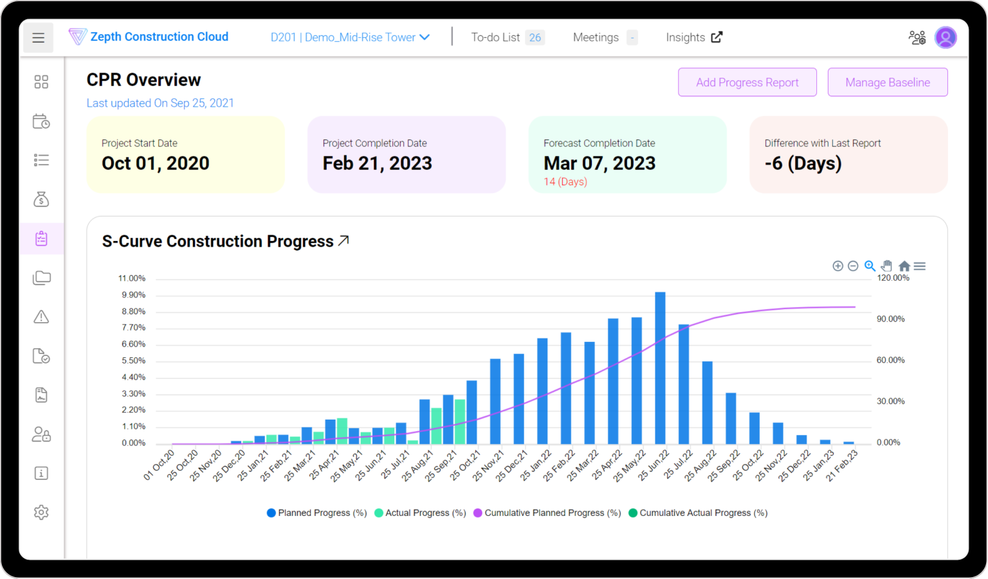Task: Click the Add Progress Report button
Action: [x=747, y=82]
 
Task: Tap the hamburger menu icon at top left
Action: [x=39, y=38]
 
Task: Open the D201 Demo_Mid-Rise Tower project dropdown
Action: [x=350, y=37]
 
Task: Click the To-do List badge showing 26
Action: [x=535, y=37]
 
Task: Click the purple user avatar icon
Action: [x=945, y=37]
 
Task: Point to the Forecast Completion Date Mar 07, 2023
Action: [x=599, y=163]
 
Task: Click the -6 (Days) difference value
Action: [x=803, y=163]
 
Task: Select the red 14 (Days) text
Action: [x=565, y=182]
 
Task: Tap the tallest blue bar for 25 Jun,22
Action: [x=660, y=368]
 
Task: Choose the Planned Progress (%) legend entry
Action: [x=316, y=513]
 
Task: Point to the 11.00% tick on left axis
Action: [x=132, y=278]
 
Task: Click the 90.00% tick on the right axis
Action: [x=890, y=319]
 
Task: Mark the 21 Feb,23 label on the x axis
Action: [x=842, y=466]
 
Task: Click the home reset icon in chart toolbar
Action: [x=904, y=266]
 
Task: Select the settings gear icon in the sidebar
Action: [x=41, y=512]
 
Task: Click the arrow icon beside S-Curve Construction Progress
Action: [x=344, y=240]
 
